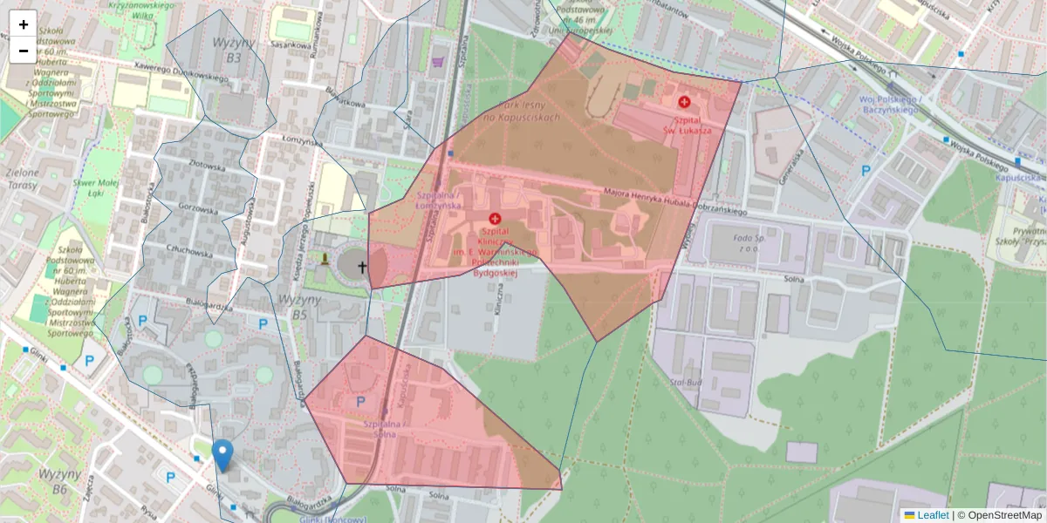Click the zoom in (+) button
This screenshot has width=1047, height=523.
(x=24, y=24)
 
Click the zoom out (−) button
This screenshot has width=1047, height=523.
(x=24, y=51)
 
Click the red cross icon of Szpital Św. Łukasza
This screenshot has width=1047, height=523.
(x=684, y=102)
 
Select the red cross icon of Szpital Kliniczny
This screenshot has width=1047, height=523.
(x=495, y=218)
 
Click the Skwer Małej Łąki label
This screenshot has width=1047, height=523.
(x=96, y=189)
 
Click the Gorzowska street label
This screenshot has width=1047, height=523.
(x=197, y=209)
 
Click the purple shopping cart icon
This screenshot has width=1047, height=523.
(x=438, y=62)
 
